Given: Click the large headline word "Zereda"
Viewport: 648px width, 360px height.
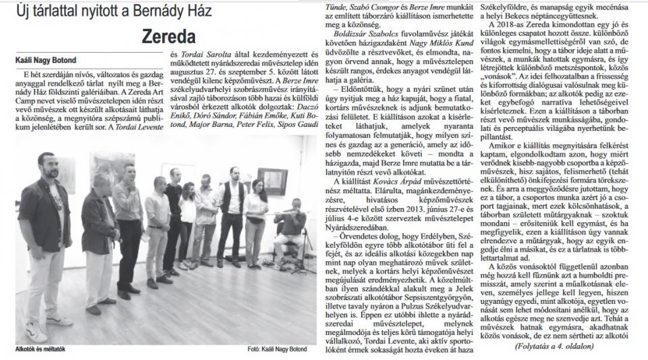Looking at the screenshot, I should click(169, 36).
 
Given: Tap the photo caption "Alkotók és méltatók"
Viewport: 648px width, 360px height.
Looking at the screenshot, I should click(39, 349).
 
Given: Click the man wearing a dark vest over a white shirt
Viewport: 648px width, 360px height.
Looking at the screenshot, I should click(232, 203).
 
